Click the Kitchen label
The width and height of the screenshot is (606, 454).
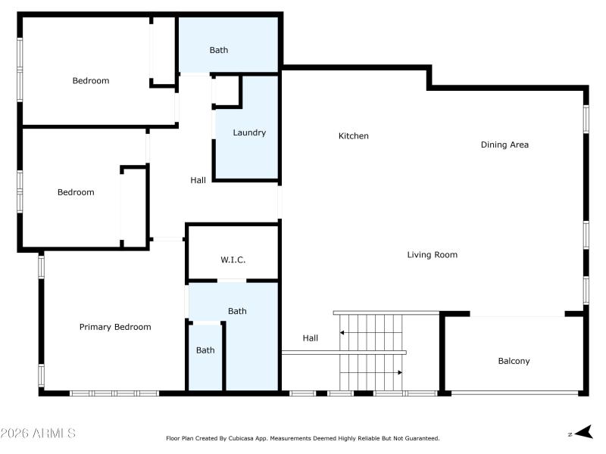point(353,136)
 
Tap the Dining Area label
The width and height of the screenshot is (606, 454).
point(504,145)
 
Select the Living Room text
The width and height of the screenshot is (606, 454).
point(432,255)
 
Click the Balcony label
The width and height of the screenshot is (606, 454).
point(514,361)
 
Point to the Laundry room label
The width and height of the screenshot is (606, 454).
point(248,132)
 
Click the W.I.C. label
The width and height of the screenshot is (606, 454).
point(233,260)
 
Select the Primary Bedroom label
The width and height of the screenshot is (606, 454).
point(115,327)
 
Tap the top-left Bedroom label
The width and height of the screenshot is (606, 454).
point(90,81)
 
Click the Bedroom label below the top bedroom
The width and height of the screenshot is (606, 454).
point(76,192)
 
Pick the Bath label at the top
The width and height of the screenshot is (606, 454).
point(218,50)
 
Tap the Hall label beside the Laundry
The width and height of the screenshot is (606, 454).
point(198,180)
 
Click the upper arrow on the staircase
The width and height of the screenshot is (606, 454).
point(344,332)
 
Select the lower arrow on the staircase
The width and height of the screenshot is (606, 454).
point(398,372)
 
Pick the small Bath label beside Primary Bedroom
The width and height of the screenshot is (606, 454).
point(205,350)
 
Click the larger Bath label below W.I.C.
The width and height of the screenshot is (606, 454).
point(237,311)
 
